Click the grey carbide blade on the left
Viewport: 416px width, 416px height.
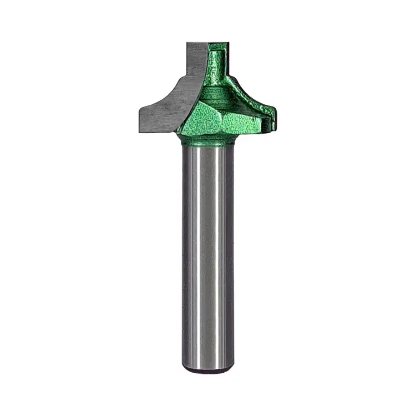[x=166, y=108]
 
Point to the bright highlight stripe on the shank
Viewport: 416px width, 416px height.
[x=209, y=250]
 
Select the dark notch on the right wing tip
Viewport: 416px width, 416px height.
[x=270, y=118]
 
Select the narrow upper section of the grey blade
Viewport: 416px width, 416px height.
[x=196, y=61]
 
